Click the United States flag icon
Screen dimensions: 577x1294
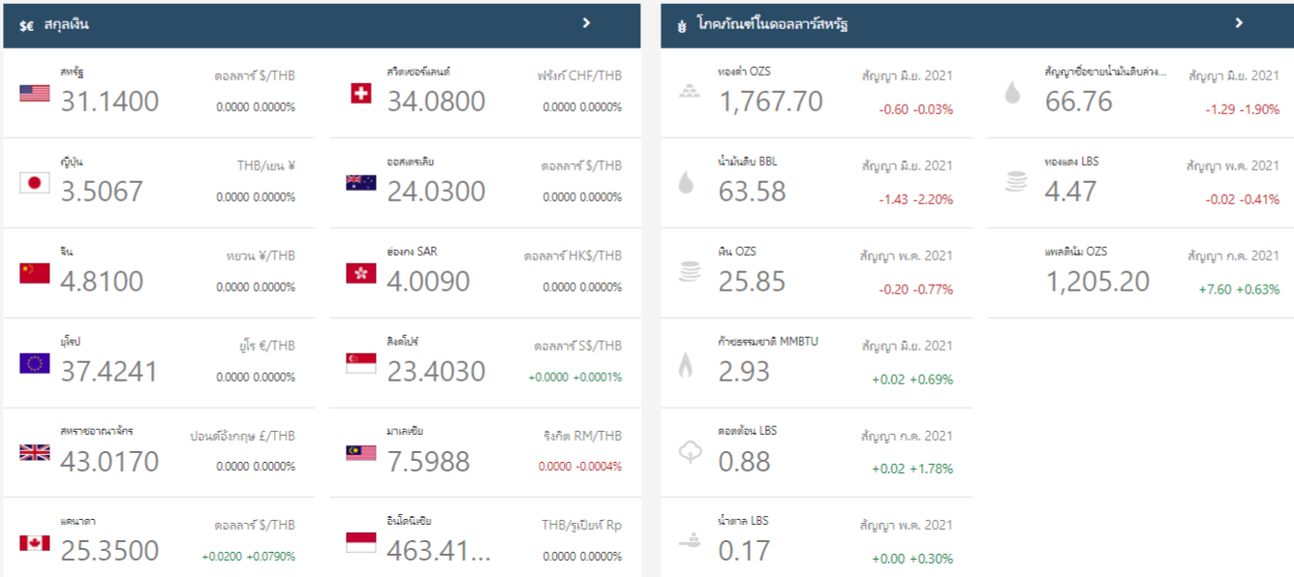(x=35, y=93)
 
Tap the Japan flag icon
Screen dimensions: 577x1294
(x=35, y=183)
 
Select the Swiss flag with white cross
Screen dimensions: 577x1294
(x=361, y=93)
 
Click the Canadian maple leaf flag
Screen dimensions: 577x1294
(x=35, y=543)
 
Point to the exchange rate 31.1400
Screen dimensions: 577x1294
(x=109, y=101)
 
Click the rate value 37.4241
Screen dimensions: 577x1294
(x=108, y=371)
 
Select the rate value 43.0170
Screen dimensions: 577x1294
(x=109, y=461)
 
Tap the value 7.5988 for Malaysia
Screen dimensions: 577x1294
(x=428, y=461)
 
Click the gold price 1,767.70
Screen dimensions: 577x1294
(x=770, y=101)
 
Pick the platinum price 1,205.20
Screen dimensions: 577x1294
(x=1097, y=281)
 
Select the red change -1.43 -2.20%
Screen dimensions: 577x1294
(x=915, y=199)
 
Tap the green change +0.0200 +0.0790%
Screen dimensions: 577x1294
(x=248, y=557)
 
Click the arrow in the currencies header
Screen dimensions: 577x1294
(x=586, y=23)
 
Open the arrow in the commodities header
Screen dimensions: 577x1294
(x=1239, y=23)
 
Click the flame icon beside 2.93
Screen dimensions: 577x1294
(x=686, y=364)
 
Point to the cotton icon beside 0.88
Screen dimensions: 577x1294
(x=689, y=452)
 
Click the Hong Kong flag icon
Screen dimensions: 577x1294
(x=361, y=273)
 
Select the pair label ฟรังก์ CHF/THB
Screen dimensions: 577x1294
(x=579, y=76)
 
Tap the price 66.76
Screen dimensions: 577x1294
(x=1079, y=101)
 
